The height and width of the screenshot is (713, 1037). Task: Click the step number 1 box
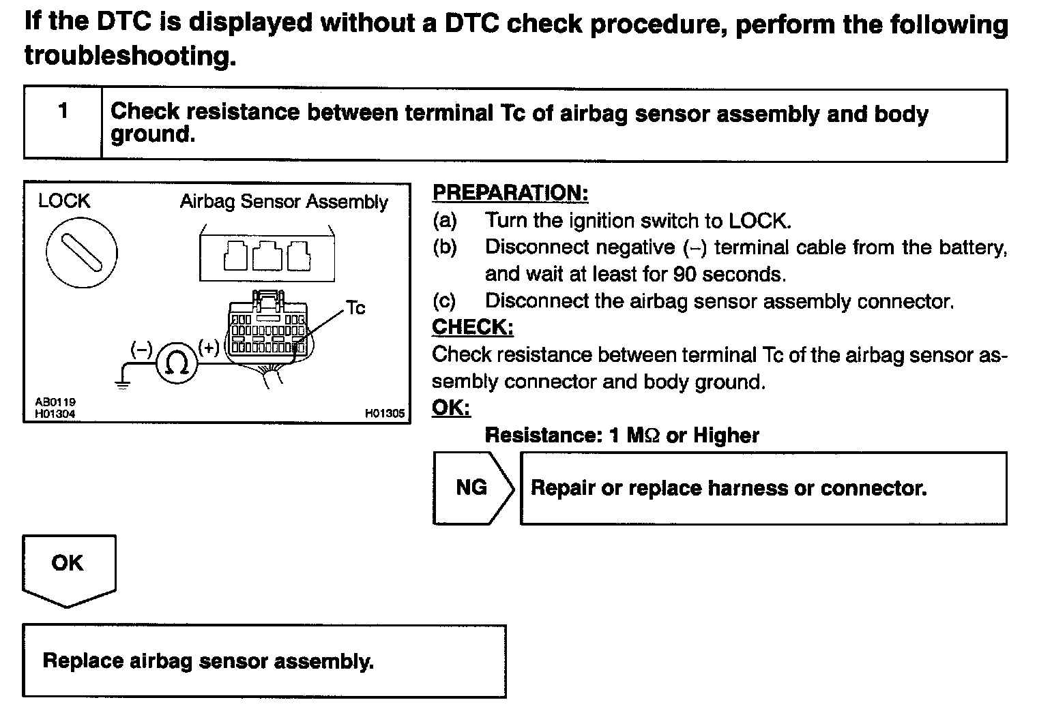point(63,124)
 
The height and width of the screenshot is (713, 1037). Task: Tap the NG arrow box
point(473,488)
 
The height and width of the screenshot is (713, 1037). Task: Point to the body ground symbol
point(123,383)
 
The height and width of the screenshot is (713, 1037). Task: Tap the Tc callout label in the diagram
point(355,308)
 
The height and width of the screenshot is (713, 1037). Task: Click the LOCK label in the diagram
point(64,201)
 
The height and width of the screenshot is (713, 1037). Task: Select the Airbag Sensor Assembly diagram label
point(284,202)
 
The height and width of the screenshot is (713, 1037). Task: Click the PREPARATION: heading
point(510,193)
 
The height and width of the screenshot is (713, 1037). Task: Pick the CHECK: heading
point(473,327)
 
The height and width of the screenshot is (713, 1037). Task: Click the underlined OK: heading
point(452,408)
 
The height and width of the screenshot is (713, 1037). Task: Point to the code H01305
point(385,413)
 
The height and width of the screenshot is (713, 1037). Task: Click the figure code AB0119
point(55,402)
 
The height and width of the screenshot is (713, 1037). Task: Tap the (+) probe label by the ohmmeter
point(208,348)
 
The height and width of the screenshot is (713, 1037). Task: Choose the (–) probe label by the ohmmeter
point(141,350)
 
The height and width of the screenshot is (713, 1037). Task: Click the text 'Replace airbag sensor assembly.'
point(208,661)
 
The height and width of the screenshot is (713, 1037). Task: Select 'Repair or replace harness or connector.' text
point(729,488)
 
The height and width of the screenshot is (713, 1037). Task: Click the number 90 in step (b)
point(685,274)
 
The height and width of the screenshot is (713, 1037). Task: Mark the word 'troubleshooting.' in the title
point(130,55)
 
